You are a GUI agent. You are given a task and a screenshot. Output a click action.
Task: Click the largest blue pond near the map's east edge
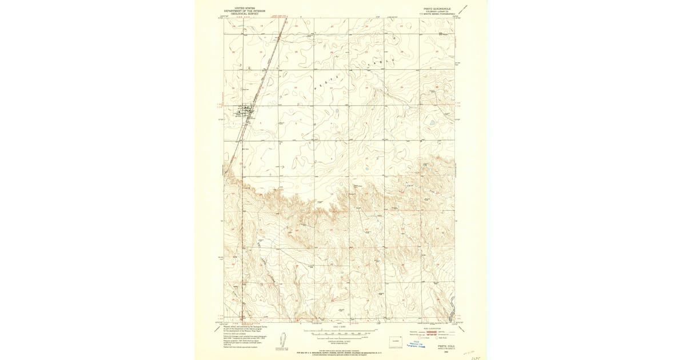431,122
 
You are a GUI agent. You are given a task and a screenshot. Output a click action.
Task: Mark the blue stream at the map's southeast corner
451,314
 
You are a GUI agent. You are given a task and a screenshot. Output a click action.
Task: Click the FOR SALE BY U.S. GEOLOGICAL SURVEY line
338,353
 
